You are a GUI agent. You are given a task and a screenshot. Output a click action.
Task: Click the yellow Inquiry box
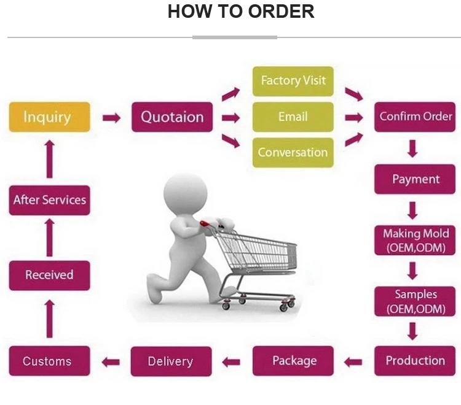click(49, 117)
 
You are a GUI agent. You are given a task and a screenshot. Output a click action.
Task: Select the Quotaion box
click(172, 117)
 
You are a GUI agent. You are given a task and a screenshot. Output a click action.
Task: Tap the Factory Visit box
click(293, 81)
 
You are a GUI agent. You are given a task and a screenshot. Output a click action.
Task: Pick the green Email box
click(293, 117)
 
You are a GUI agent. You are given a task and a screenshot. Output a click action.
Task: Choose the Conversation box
click(293, 153)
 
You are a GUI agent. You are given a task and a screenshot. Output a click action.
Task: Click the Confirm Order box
click(415, 117)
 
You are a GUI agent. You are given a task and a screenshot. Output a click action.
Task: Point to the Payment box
click(415, 179)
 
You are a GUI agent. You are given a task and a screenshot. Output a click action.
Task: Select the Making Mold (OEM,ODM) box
click(415, 241)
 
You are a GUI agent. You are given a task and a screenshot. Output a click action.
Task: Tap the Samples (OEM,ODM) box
click(415, 301)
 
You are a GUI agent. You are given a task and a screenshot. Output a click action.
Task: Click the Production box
click(415, 361)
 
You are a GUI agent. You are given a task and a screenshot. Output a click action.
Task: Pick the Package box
click(293, 361)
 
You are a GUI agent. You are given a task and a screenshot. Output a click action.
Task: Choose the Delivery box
click(171, 361)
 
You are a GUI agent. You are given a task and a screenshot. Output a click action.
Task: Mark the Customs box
click(49, 361)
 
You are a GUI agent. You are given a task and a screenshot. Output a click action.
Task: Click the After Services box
click(49, 200)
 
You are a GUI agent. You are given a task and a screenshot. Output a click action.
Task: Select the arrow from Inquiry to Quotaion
click(111, 118)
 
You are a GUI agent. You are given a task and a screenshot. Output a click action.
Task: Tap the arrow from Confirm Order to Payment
click(413, 148)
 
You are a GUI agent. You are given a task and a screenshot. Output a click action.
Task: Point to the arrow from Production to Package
click(353, 362)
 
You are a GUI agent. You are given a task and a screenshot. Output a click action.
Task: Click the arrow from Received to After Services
click(50, 237)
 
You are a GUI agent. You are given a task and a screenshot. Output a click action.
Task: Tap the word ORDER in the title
click(281, 12)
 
